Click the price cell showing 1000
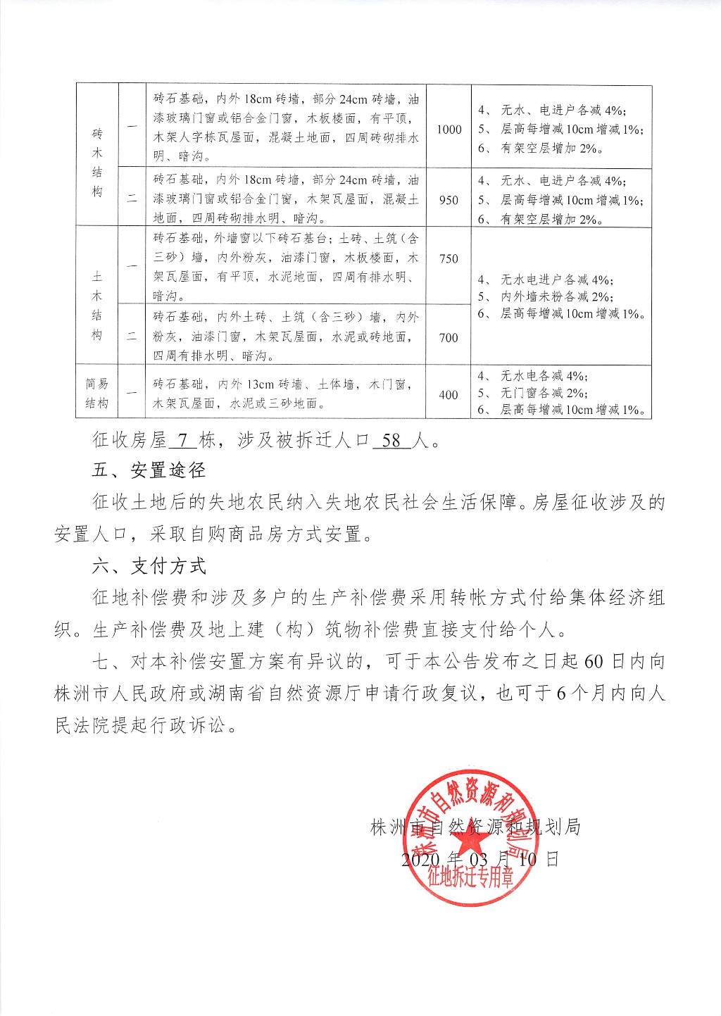(x=449, y=130)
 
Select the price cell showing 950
(x=449, y=200)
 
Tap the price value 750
(x=449, y=258)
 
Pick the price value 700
(x=449, y=338)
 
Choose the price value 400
(x=449, y=395)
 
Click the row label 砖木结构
(x=97, y=163)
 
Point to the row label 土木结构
(x=97, y=296)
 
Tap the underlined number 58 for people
(x=391, y=441)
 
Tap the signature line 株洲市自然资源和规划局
(x=475, y=827)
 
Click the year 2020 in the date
(x=420, y=860)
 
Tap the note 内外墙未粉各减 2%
(x=556, y=297)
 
